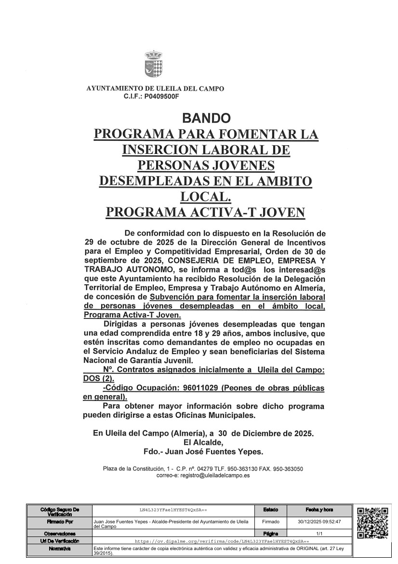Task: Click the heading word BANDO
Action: pyautogui.click(x=206, y=118)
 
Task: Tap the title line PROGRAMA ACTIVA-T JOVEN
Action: pyautogui.click(x=206, y=213)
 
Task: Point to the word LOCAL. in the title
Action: pyautogui.click(x=206, y=197)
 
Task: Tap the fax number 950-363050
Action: pyautogui.click(x=287, y=468)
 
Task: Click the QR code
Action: pyautogui.click(x=372, y=523)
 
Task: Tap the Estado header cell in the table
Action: pyautogui.click(x=270, y=509)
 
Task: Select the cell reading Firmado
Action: pyautogui.click(x=270, y=522)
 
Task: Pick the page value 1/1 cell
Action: pyautogui.click(x=319, y=534)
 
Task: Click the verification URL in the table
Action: pyautogui.click(x=221, y=542)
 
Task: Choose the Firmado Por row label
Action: pyautogui.click(x=59, y=522)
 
